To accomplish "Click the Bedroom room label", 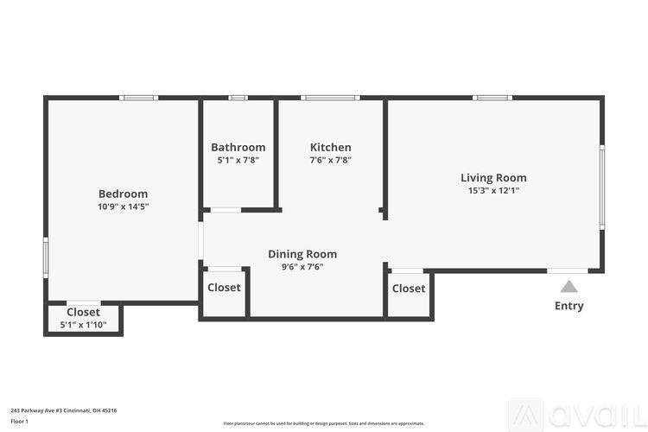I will tap(123, 194).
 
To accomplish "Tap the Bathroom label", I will tap(238, 147).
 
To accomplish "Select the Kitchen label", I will tap(331, 147).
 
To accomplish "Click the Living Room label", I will tap(493, 178).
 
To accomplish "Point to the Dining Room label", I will tap(302, 254).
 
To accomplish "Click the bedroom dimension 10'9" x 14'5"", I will tap(123, 206).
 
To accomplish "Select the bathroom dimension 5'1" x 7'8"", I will tap(238, 160).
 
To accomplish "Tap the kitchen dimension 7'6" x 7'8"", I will tap(331, 160).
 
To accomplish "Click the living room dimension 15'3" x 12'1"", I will tap(493, 191).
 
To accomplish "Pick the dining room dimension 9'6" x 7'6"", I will tap(302, 267).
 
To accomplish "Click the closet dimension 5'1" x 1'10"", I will tap(83, 325).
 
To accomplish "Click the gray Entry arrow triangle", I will tap(569, 287).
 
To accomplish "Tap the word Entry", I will tap(569, 306).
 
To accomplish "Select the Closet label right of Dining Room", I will tap(409, 289).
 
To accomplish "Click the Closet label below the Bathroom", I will tap(224, 288).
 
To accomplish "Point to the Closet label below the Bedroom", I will tap(83, 312).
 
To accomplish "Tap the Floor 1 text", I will tap(20, 421).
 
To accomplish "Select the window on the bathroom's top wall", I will tap(238, 98).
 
